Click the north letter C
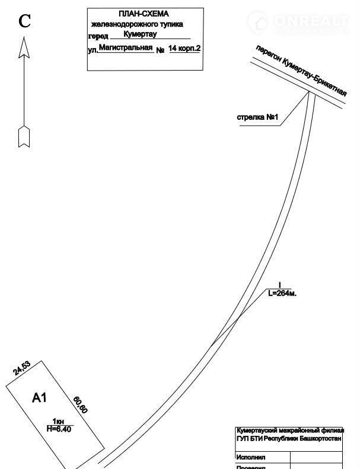pyautogui.click(x=24, y=22)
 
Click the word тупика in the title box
pyautogui.click(x=170, y=24)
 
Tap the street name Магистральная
pyautogui.click(x=126, y=47)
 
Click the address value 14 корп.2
pyautogui.click(x=184, y=48)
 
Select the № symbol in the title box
pyautogui.click(x=160, y=50)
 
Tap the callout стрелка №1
pyautogui.click(x=257, y=117)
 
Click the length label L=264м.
pyautogui.click(x=282, y=293)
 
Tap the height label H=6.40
pyautogui.click(x=59, y=429)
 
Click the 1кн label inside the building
pyautogui.click(x=58, y=421)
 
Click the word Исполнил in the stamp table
pyautogui.click(x=251, y=457)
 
